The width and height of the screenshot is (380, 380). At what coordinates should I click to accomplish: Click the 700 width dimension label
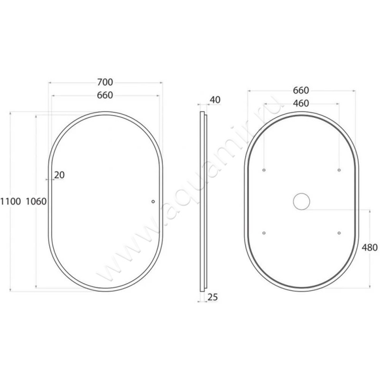(x=105, y=82)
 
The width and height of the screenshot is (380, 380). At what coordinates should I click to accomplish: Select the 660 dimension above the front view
(x=105, y=95)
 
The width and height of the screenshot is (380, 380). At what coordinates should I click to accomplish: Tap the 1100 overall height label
(x=10, y=201)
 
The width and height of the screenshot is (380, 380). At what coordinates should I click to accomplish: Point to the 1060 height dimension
(x=36, y=201)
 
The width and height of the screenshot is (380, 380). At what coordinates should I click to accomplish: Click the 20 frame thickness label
(x=59, y=175)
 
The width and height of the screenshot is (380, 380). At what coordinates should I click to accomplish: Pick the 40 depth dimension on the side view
(x=215, y=100)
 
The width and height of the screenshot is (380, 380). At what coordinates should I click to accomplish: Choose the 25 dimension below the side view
(x=213, y=297)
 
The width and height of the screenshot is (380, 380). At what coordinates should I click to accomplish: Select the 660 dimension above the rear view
(x=301, y=90)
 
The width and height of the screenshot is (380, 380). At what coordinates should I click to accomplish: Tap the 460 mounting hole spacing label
(x=301, y=104)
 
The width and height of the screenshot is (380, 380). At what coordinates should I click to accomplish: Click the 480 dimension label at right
(x=370, y=247)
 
